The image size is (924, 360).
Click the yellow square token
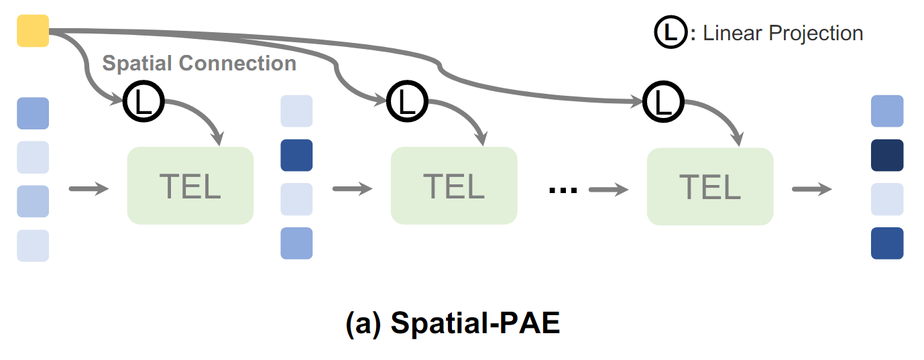(33, 31)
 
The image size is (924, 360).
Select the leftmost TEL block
(190, 186)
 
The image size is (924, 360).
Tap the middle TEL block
(454, 186)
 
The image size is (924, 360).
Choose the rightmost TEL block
(710, 186)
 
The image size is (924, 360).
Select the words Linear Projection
(783, 34)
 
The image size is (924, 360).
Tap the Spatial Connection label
(199, 64)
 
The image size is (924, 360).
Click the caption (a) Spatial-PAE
(453, 324)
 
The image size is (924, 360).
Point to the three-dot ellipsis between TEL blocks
(563, 190)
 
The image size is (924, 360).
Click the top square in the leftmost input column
(33, 113)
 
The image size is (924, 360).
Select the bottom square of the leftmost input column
(33, 245)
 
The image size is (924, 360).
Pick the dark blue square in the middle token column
(296, 156)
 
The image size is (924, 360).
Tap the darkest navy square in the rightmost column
(887, 156)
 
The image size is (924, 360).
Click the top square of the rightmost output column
(887, 111)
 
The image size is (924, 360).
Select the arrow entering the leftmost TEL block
(89, 189)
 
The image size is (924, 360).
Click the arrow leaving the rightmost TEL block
(811, 189)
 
